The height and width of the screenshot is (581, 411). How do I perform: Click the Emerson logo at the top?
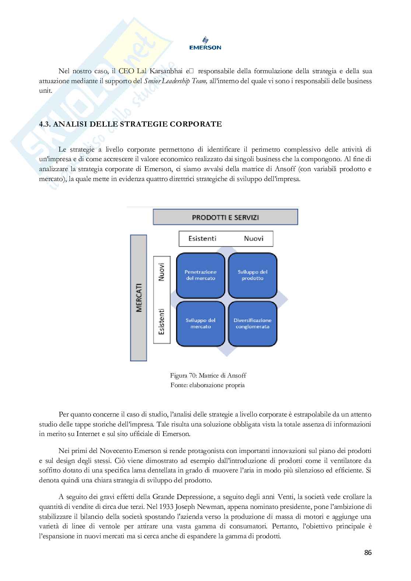205,43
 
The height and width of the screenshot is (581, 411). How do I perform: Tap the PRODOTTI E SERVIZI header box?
225,217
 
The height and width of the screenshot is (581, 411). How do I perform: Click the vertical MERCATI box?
139,298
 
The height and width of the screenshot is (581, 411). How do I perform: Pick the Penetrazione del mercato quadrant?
200,275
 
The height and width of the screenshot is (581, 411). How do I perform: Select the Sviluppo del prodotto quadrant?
253,275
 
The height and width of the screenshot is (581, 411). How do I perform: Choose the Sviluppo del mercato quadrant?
200,323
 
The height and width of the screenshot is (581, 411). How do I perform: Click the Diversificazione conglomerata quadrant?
253,323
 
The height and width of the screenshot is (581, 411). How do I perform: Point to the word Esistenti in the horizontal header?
202,238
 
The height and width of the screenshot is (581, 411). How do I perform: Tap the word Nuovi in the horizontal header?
253,238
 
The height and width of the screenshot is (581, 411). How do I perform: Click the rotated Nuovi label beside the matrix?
161,272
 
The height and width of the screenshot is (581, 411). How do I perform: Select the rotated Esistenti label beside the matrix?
161,321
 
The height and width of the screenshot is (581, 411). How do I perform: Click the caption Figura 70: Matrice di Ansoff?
208,375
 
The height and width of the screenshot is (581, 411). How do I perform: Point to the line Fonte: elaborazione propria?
208,385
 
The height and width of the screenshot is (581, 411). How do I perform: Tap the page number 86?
368,553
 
